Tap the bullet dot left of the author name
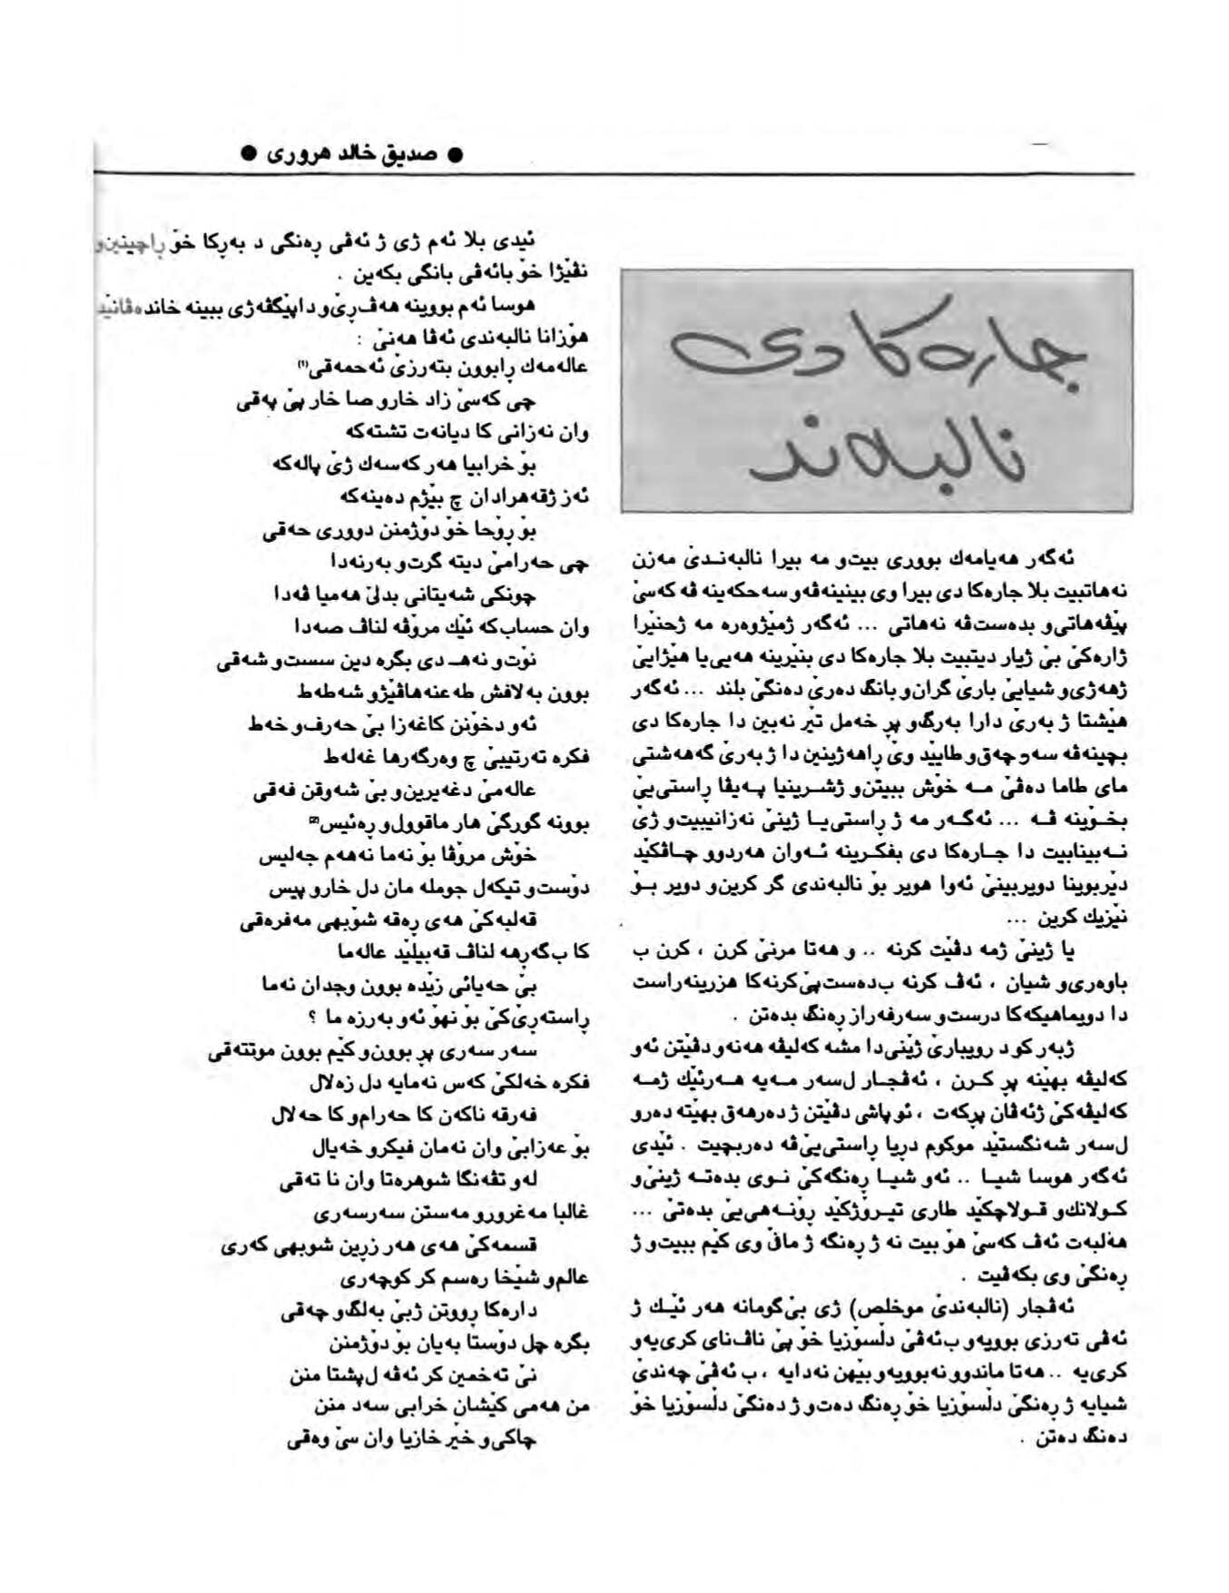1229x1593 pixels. (x=250, y=153)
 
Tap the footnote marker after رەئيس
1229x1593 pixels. (x=314, y=822)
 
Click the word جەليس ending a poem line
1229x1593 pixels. (x=280, y=856)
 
